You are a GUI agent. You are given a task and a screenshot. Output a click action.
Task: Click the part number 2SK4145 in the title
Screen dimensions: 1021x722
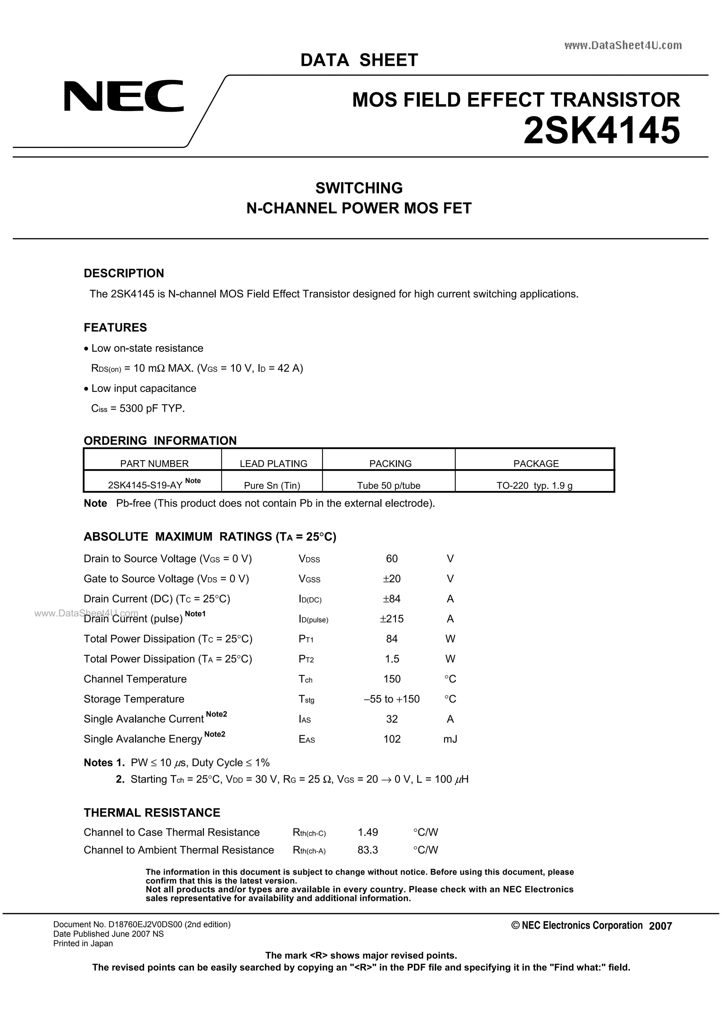(601, 131)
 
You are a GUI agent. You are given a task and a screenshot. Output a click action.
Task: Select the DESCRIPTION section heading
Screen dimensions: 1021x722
(124, 273)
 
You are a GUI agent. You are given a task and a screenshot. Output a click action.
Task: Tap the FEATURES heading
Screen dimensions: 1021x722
(115, 327)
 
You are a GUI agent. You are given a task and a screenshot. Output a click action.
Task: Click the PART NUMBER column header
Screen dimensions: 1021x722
(154, 463)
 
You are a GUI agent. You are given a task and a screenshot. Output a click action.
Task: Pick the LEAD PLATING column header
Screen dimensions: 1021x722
(273, 463)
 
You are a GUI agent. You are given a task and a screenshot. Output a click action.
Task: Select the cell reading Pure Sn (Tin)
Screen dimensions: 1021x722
(272, 485)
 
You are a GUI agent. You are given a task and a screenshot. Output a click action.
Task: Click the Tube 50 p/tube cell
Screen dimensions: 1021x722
(388, 485)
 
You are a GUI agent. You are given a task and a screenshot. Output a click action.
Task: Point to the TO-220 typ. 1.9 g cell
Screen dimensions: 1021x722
(534, 485)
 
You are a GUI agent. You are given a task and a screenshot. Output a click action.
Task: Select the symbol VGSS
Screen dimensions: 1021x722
(309, 579)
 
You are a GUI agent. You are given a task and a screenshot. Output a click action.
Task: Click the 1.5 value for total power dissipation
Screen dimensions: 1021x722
(392, 659)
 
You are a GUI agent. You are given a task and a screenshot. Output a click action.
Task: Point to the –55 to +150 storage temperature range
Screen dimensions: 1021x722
(391, 699)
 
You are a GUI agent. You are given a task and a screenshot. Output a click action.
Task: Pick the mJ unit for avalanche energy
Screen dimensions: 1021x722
(450, 739)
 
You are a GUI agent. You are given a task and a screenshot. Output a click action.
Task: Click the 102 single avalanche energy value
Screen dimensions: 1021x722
(392, 739)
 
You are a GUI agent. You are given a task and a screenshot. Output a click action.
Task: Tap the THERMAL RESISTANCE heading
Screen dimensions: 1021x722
(152, 812)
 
